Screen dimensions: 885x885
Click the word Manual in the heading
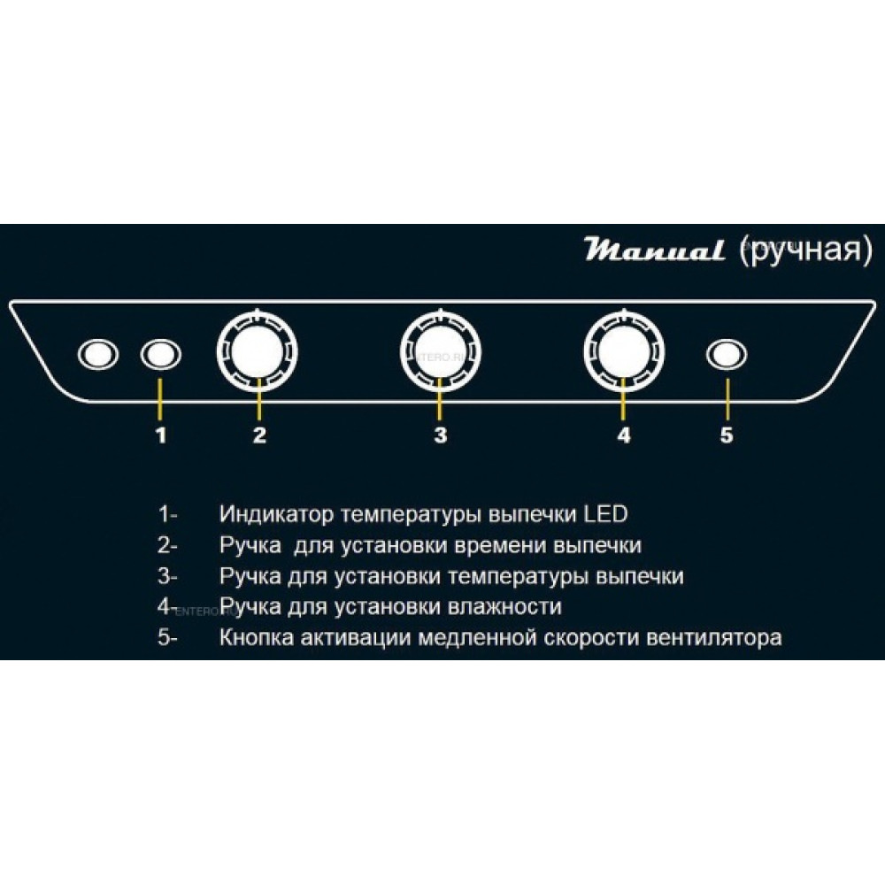coord(654,249)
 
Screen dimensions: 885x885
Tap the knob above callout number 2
coord(258,351)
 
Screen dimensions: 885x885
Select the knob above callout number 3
coord(440,351)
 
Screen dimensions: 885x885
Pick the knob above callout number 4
coord(624,351)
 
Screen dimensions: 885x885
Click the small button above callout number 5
coord(727,355)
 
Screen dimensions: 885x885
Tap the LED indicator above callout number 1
coord(161,355)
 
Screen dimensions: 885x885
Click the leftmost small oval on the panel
coord(98,355)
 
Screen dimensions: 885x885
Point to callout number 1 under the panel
coord(161,435)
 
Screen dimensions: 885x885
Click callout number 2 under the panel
coord(259,435)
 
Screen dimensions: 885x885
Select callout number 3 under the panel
coord(440,435)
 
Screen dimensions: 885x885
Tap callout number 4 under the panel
coord(624,435)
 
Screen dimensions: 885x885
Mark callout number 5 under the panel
coord(727,435)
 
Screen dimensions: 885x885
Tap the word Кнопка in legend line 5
coord(257,638)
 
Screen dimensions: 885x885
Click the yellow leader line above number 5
coord(727,398)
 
